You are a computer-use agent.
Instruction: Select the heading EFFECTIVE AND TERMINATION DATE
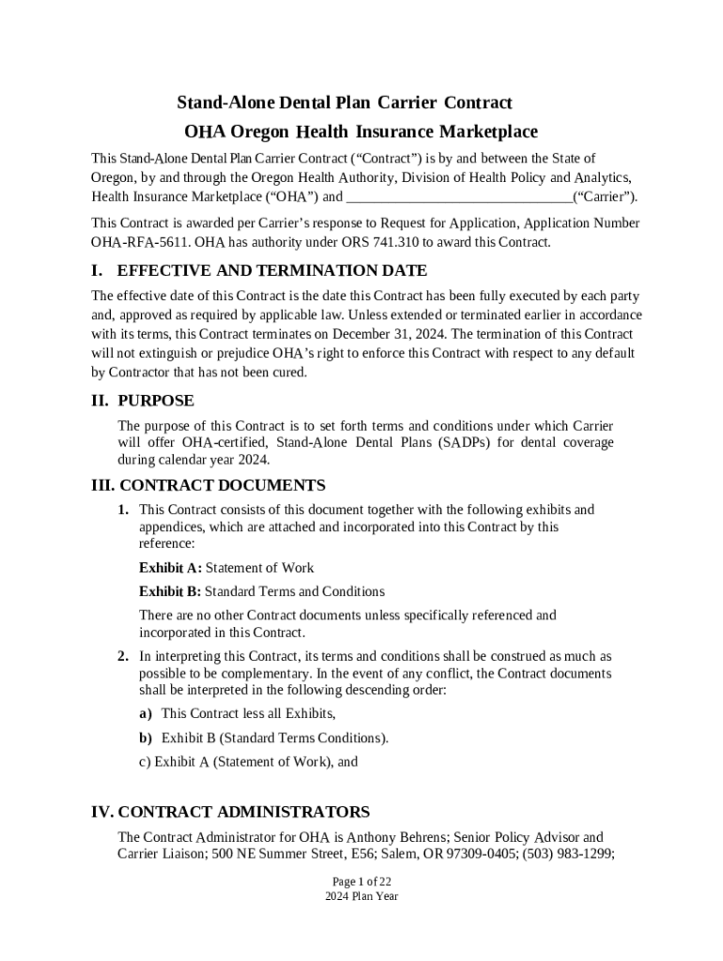[271, 271]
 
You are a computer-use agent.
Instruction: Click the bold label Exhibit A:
[170, 568]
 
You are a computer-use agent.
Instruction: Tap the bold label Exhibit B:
[170, 591]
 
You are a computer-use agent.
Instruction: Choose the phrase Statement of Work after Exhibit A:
[260, 568]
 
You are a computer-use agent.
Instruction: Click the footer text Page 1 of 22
[361, 881]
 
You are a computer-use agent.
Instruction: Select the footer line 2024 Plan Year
[361, 896]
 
